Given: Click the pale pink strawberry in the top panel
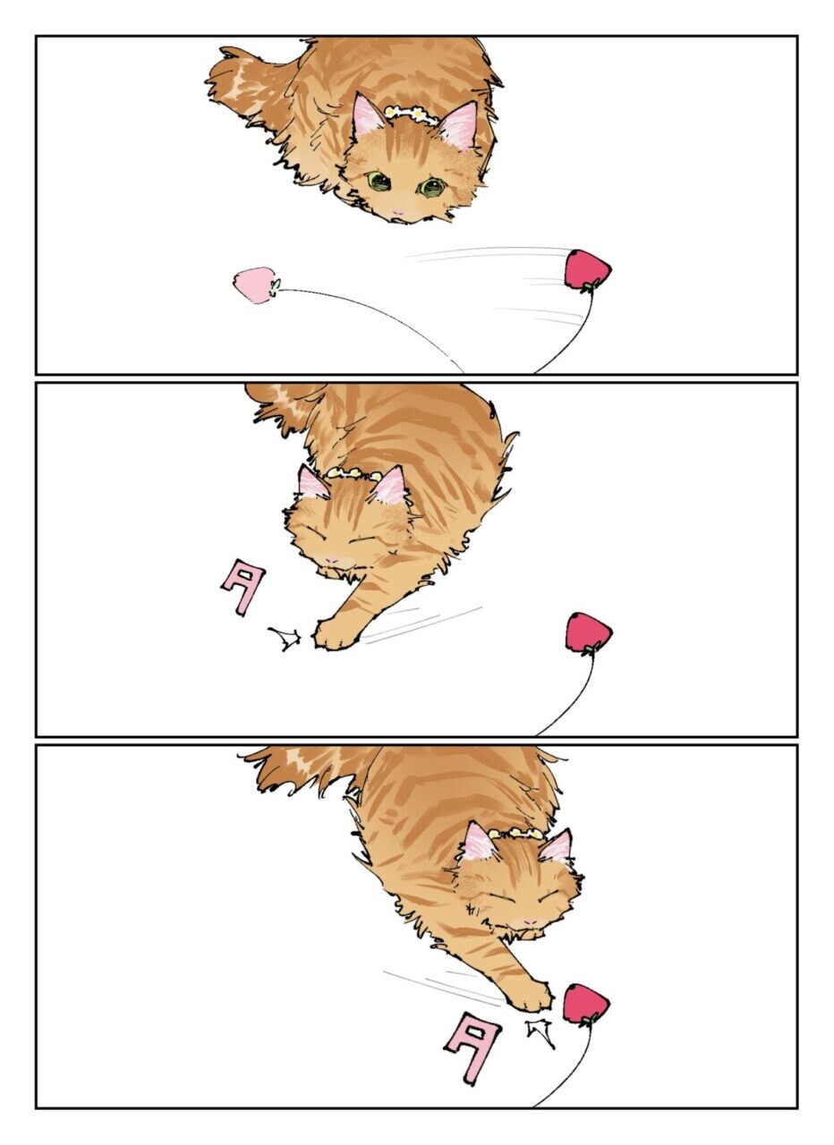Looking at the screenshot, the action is click(x=255, y=284).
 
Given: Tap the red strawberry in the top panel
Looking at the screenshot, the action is click(x=588, y=269).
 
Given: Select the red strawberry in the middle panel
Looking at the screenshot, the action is click(x=589, y=632).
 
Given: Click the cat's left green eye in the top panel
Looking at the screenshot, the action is click(x=378, y=180).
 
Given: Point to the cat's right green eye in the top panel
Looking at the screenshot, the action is click(x=431, y=187).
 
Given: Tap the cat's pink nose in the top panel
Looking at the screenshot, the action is click(x=398, y=212).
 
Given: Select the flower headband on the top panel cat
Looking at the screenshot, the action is click(x=412, y=114).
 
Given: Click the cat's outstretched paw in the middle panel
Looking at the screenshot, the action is click(x=334, y=633).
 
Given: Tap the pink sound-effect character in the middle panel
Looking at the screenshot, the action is click(x=243, y=588).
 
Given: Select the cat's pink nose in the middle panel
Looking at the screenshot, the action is click(x=332, y=560).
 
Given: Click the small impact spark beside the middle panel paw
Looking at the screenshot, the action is click(x=285, y=638).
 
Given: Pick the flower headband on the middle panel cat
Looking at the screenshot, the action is click(x=353, y=474).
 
